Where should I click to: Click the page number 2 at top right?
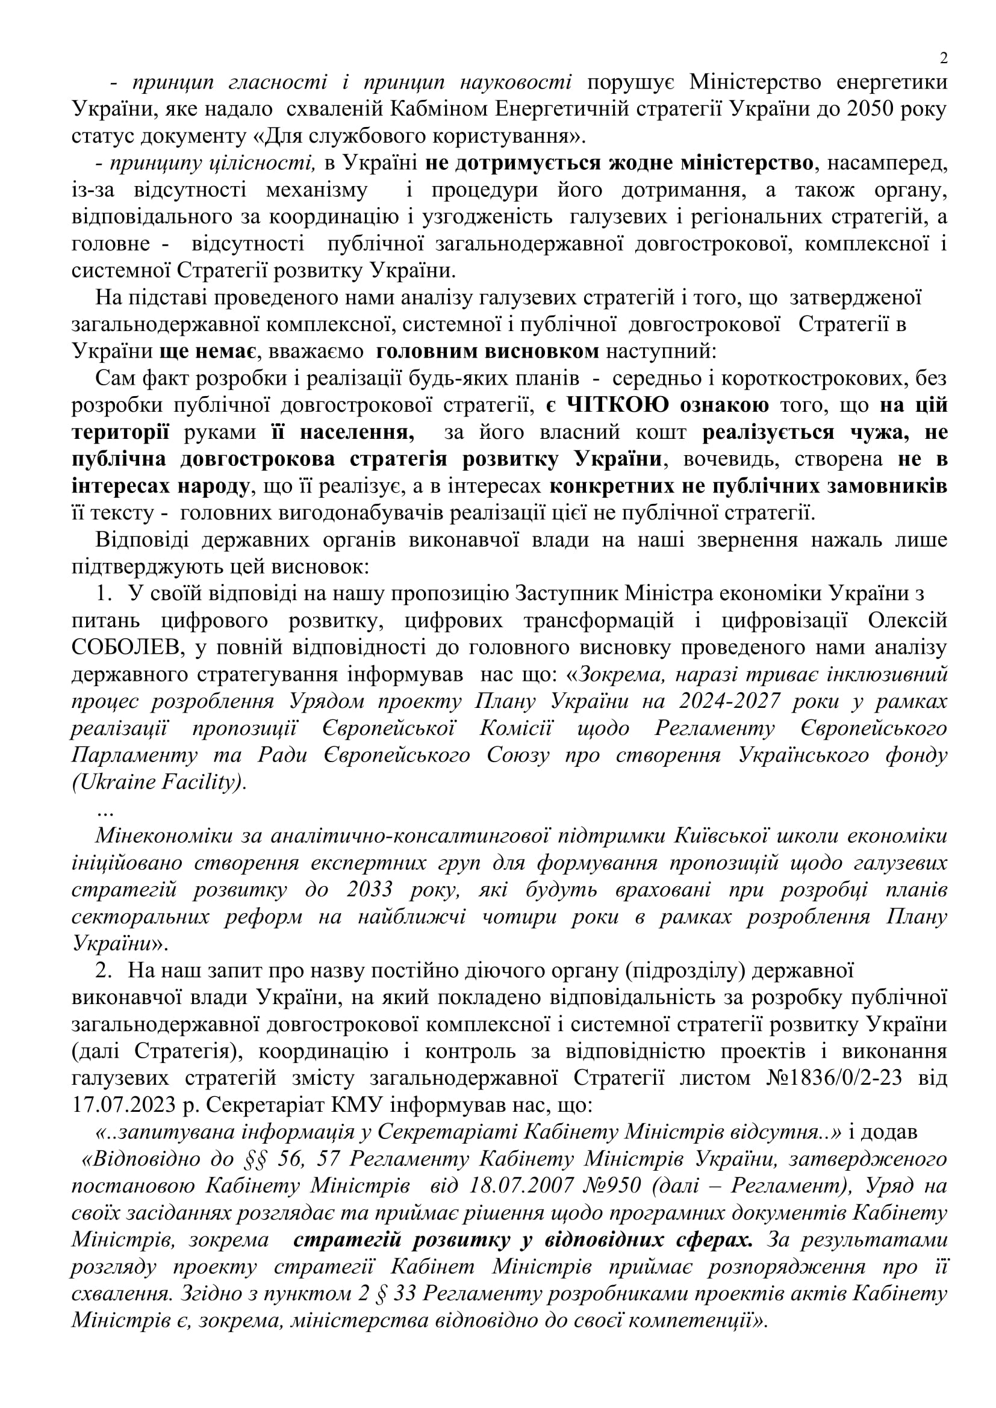(943, 58)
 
